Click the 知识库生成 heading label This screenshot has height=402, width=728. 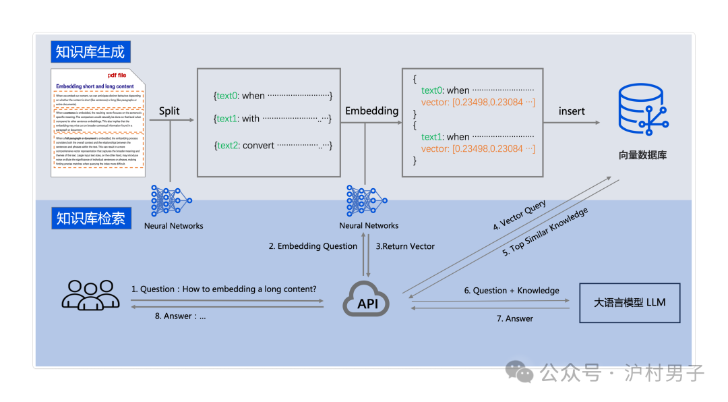pos(90,51)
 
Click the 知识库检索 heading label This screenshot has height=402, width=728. pos(90,219)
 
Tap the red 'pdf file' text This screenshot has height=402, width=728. pos(117,75)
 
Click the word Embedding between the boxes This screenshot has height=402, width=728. pos(371,111)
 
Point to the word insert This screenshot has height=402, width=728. pos(572,111)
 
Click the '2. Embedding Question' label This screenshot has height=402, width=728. pos(313,246)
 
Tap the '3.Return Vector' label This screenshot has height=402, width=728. pos(405,246)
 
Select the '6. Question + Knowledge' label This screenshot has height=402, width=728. pos(511,291)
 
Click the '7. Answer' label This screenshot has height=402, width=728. pos(515,318)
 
